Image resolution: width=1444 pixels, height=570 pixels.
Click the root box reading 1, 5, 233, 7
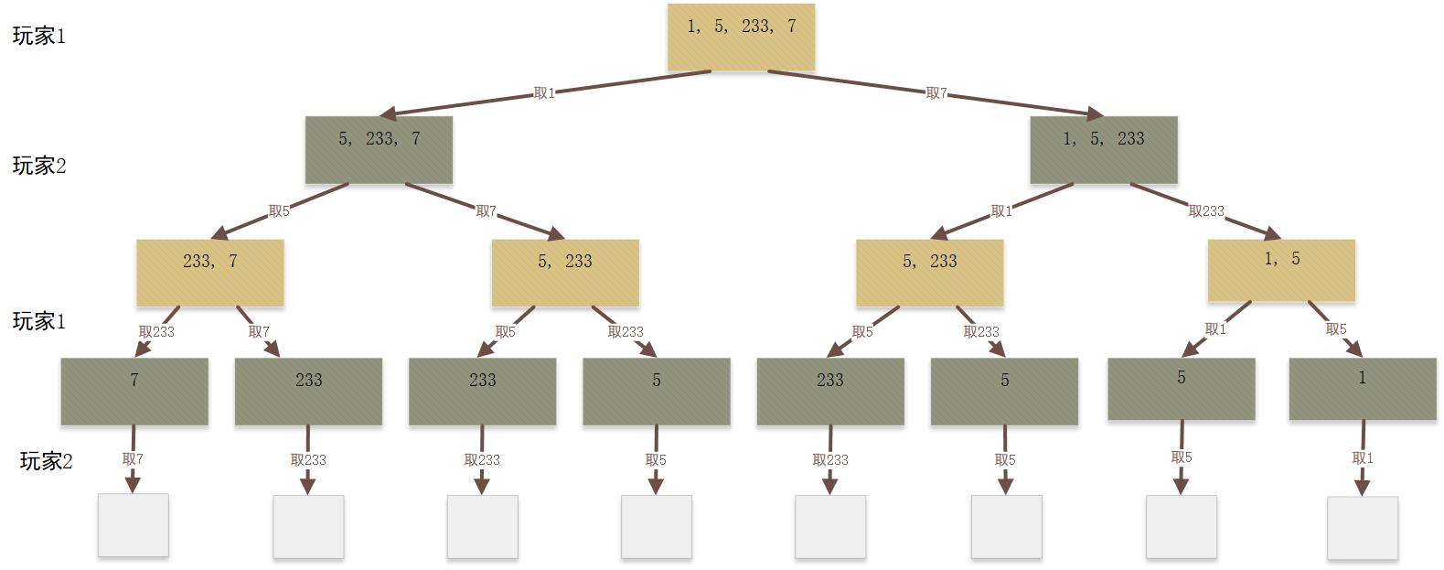(x=741, y=37)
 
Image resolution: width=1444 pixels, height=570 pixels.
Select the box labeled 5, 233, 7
(x=379, y=149)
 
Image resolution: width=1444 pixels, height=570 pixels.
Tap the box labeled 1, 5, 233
(x=1104, y=149)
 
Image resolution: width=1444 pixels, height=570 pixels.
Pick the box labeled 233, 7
(x=210, y=272)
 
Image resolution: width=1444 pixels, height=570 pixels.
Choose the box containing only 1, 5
(x=1281, y=270)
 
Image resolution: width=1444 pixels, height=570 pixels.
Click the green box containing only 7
(x=134, y=391)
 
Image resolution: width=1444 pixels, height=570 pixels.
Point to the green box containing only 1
(x=1363, y=388)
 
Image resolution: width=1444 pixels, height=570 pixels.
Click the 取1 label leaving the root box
(x=544, y=93)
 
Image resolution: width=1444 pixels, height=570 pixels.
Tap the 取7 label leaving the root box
(x=936, y=93)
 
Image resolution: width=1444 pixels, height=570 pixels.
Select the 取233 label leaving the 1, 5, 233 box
(x=1206, y=211)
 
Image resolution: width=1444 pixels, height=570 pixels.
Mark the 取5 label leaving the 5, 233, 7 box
(x=279, y=211)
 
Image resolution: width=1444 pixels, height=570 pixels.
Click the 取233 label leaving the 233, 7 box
(x=156, y=332)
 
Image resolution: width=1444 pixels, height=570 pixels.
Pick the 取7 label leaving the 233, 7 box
(x=259, y=332)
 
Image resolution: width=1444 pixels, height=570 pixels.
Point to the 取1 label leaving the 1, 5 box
(x=1215, y=329)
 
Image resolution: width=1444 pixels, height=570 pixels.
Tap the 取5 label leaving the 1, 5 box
(x=1336, y=329)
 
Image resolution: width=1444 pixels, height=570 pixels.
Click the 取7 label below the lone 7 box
(x=133, y=459)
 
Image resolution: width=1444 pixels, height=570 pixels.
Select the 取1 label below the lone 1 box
(x=1363, y=458)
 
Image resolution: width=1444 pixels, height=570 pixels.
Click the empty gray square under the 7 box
(x=134, y=525)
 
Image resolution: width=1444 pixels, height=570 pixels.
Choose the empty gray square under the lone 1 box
(x=1363, y=528)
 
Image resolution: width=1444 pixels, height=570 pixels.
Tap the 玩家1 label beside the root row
(x=39, y=37)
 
